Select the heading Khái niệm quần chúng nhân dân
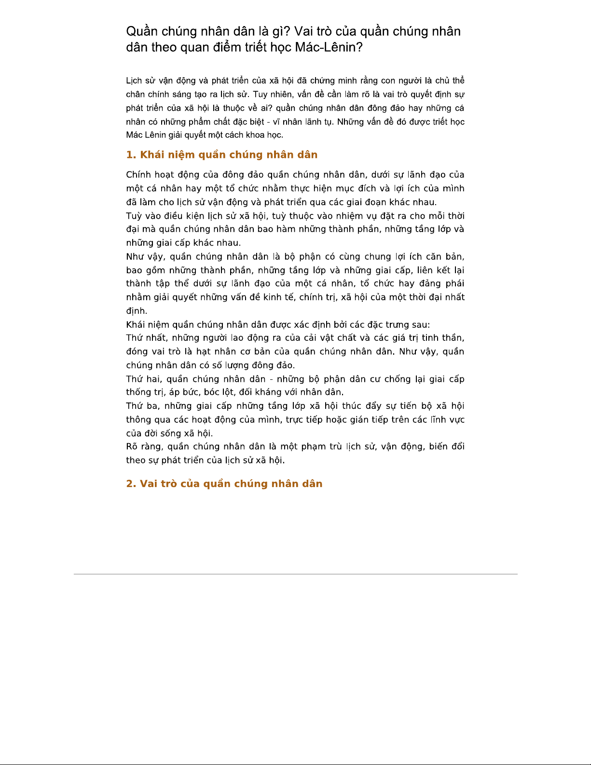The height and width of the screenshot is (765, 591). pyautogui.click(x=229, y=155)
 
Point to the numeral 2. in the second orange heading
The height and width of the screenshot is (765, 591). pyautogui.click(x=131, y=484)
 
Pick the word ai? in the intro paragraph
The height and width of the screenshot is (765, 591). pyautogui.click(x=267, y=108)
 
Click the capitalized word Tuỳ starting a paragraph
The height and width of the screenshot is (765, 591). pyautogui.click(x=134, y=216)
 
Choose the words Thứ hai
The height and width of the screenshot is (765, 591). pyautogui.click(x=144, y=379)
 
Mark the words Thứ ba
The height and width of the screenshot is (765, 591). pyautogui.click(x=143, y=406)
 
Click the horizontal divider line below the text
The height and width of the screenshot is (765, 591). pyautogui.click(x=295, y=574)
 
